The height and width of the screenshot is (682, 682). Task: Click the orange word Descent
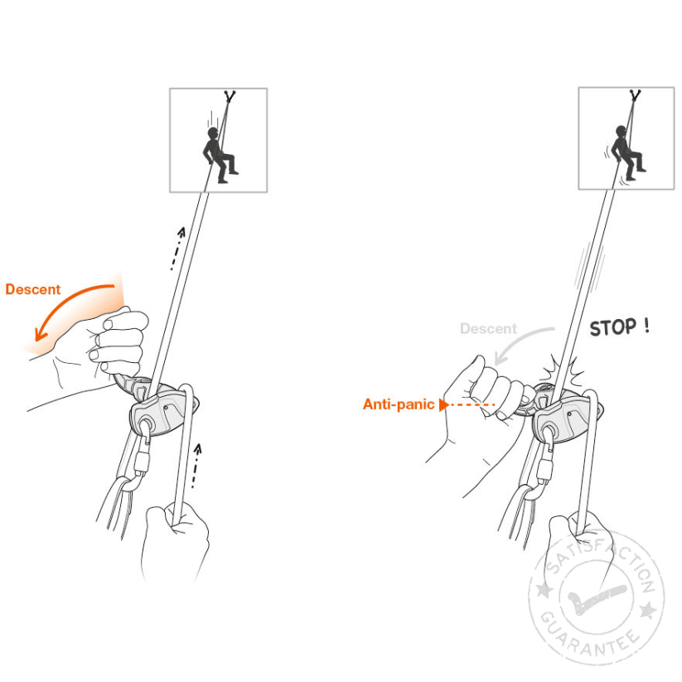coord(32,289)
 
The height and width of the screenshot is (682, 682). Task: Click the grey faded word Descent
coord(488,328)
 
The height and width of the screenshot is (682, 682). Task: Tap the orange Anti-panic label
coord(399,404)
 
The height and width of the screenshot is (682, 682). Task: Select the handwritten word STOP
coord(613,327)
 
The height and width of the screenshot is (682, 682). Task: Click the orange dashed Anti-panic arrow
coord(467,404)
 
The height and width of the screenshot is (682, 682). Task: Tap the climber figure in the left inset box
coord(220,154)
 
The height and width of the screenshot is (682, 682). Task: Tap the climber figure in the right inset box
coord(627,152)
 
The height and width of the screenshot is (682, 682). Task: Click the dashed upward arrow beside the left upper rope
coord(177,248)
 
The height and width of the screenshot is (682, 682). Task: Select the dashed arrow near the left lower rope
coord(196,466)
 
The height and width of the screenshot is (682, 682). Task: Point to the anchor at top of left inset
coord(230,96)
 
